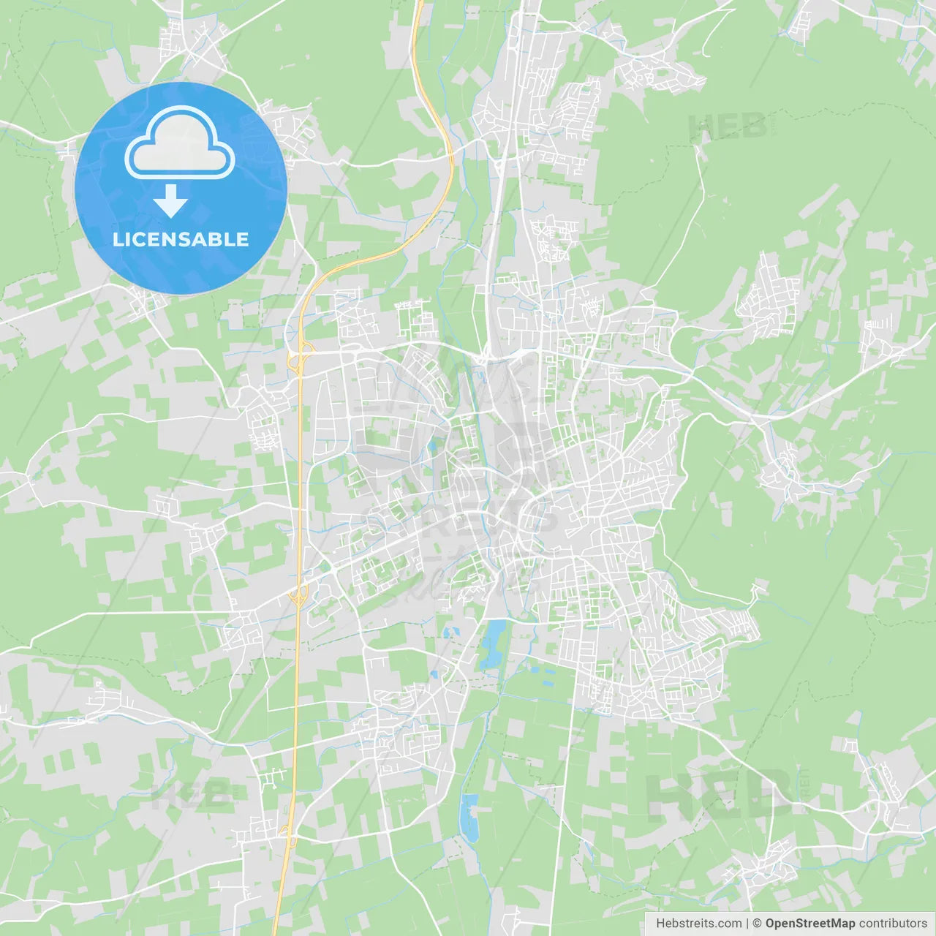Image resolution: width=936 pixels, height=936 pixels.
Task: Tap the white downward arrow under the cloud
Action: click(170, 201)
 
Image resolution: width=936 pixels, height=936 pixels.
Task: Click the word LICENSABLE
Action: click(181, 239)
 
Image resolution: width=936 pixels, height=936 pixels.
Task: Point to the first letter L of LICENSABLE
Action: click(117, 239)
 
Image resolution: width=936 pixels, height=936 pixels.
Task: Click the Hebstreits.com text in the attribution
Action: click(698, 924)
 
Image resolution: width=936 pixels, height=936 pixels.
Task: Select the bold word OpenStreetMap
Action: click(809, 924)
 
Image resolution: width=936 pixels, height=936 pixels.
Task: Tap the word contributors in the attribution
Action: click(893, 924)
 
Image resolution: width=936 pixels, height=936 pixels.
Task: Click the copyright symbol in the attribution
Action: click(757, 924)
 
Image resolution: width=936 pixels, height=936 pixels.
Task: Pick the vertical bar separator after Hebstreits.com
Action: click(747, 924)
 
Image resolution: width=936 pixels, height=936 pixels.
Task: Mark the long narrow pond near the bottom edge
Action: click(468, 817)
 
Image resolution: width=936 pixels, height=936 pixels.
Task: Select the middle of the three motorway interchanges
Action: click(298, 596)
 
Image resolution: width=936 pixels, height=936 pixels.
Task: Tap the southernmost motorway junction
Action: click(286, 831)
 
